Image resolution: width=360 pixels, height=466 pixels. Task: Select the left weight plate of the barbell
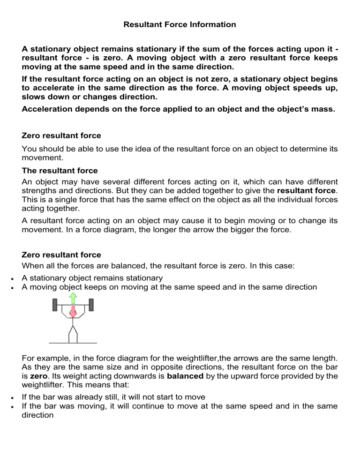point(55,304)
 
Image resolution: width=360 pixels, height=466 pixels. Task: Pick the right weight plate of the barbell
point(91,304)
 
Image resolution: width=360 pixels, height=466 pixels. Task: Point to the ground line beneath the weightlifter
point(73,342)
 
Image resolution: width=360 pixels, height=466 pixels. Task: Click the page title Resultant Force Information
point(180,24)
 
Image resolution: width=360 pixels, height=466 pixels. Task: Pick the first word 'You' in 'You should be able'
point(29,149)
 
